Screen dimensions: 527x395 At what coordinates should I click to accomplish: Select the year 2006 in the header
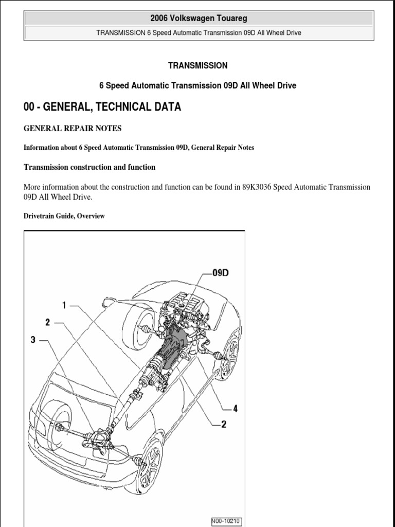pos(160,19)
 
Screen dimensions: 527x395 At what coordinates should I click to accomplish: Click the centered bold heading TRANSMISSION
pos(197,65)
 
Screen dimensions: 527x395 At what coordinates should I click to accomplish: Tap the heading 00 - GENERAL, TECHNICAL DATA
pos(102,107)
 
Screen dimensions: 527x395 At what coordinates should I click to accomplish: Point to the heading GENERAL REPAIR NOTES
pos(73,128)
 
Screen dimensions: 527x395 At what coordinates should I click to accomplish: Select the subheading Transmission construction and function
pos(89,167)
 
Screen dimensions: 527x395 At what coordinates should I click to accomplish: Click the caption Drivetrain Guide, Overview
pos(64,216)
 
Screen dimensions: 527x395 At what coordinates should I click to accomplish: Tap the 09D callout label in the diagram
pos(220,273)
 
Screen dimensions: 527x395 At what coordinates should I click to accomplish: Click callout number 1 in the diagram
pos(64,305)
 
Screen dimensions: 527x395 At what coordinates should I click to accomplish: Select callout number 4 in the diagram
pos(235,409)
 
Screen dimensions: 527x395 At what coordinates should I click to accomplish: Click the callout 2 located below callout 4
pos(224,424)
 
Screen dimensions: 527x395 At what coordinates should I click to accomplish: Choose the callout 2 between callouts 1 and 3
pos(47,322)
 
